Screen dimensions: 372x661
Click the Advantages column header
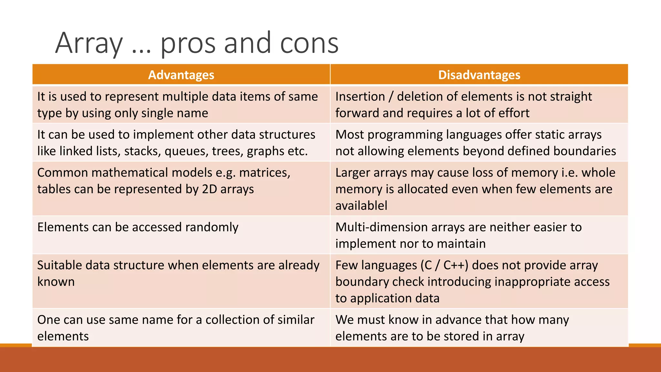pyautogui.click(x=181, y=75)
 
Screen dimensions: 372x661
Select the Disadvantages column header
pyautogui.click(x=479, y=75)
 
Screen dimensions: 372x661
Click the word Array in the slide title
pyautogui.click(x=89, y=43)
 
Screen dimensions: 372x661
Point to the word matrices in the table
pyautogui.click(x=265, y=173)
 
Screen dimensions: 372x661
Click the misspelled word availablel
pyautogui.click(x=361, y=206)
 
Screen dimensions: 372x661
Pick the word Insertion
pyautogui.click(x=360, y=97)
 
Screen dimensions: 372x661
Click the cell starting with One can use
pyautogui.click(x=176, y=328)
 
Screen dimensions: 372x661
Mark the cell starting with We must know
pyautogui.click(x=452, y=328)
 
